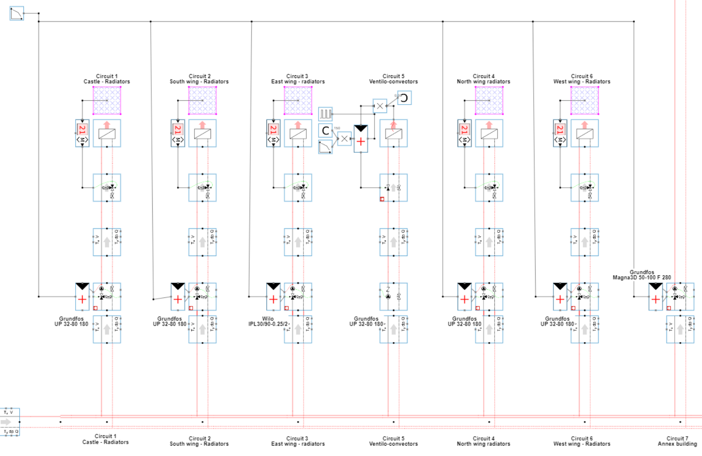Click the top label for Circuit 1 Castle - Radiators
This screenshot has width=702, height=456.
tap(107, 79)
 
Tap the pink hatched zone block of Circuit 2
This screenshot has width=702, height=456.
tap(203, 100)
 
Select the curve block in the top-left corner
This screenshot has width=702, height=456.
tap(17, 13)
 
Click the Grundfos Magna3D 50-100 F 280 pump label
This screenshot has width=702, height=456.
tap(641, 275)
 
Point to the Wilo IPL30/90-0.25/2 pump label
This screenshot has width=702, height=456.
tap(268, 321)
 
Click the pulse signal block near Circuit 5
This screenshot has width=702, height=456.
tap(325, 114)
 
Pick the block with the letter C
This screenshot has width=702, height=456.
tap(325, 130)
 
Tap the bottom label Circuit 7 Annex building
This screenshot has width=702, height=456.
tap(677, 441)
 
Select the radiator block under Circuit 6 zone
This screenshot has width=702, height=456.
tap(585, 133)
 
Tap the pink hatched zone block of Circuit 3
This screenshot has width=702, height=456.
tap(298, 100)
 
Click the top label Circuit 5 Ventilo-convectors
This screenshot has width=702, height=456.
tap(393, 79)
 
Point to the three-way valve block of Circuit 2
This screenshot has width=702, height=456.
tap(203, 188)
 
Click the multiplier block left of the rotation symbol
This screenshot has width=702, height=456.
tap(380, 106)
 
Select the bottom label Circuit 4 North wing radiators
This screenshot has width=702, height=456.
tap(483, 441)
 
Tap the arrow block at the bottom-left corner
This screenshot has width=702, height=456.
tap(10, 422)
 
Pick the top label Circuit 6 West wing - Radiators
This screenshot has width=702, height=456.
tap(582, 79)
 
